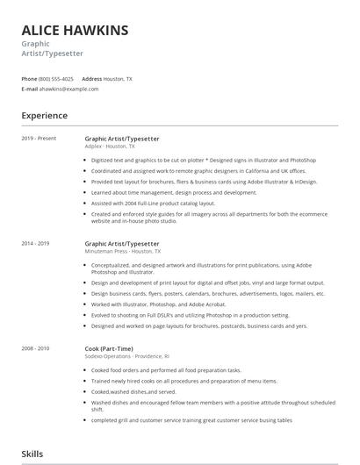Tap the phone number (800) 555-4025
point(57,79)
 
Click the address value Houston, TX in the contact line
point(118,79)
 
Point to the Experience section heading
point(44,115)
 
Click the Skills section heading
point(33,454)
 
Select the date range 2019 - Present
point(39,139)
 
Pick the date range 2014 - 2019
point(37,243)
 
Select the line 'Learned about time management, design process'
point(162,192)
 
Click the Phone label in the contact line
point(29,79)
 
